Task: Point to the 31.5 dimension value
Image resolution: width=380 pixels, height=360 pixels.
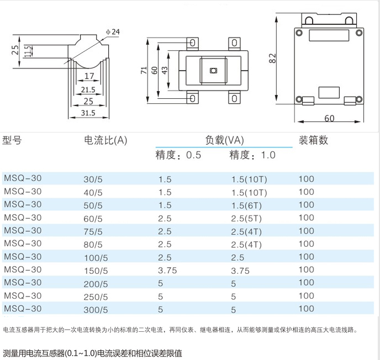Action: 88,113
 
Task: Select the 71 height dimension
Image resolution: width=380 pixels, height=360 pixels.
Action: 144,70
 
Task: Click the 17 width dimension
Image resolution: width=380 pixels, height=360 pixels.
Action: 89,76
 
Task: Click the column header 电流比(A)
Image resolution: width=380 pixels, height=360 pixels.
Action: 105,140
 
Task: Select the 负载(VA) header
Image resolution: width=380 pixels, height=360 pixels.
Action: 225,140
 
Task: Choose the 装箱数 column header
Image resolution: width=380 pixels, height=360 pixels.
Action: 313,140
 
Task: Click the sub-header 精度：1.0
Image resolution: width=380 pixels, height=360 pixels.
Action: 252,155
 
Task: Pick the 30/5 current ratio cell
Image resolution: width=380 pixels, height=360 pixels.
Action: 93,180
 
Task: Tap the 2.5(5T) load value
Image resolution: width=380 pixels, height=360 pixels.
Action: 246,219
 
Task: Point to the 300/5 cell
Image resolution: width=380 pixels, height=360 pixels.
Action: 96,310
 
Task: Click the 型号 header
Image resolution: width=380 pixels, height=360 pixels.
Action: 12,140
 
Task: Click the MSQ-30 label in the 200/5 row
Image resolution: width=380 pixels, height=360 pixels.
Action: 23,283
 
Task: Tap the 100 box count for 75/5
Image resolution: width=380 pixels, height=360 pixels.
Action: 306,231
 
